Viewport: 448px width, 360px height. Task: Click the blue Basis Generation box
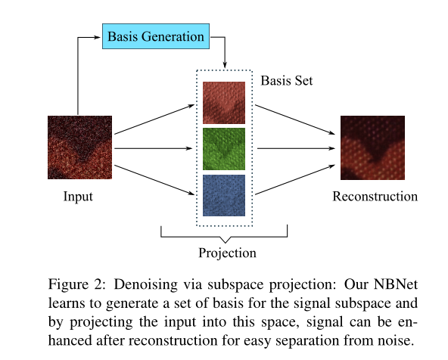coord(155,36)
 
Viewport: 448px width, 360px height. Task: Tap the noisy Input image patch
coord(79,147)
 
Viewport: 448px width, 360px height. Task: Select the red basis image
coord(224,102)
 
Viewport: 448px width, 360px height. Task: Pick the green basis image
coord(224,148)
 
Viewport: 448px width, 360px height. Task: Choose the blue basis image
coord(224,194)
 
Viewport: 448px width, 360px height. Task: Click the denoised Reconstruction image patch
coord(372,147)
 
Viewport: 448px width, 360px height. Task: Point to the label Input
coord(78,197)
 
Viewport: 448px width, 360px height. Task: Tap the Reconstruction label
coord(375,197)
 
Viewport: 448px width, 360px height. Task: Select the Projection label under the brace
coord(227,253)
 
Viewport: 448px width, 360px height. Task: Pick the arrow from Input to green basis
coord(155,148)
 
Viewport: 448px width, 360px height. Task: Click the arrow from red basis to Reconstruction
coord(295,119)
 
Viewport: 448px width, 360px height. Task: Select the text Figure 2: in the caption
coord(73,284)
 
